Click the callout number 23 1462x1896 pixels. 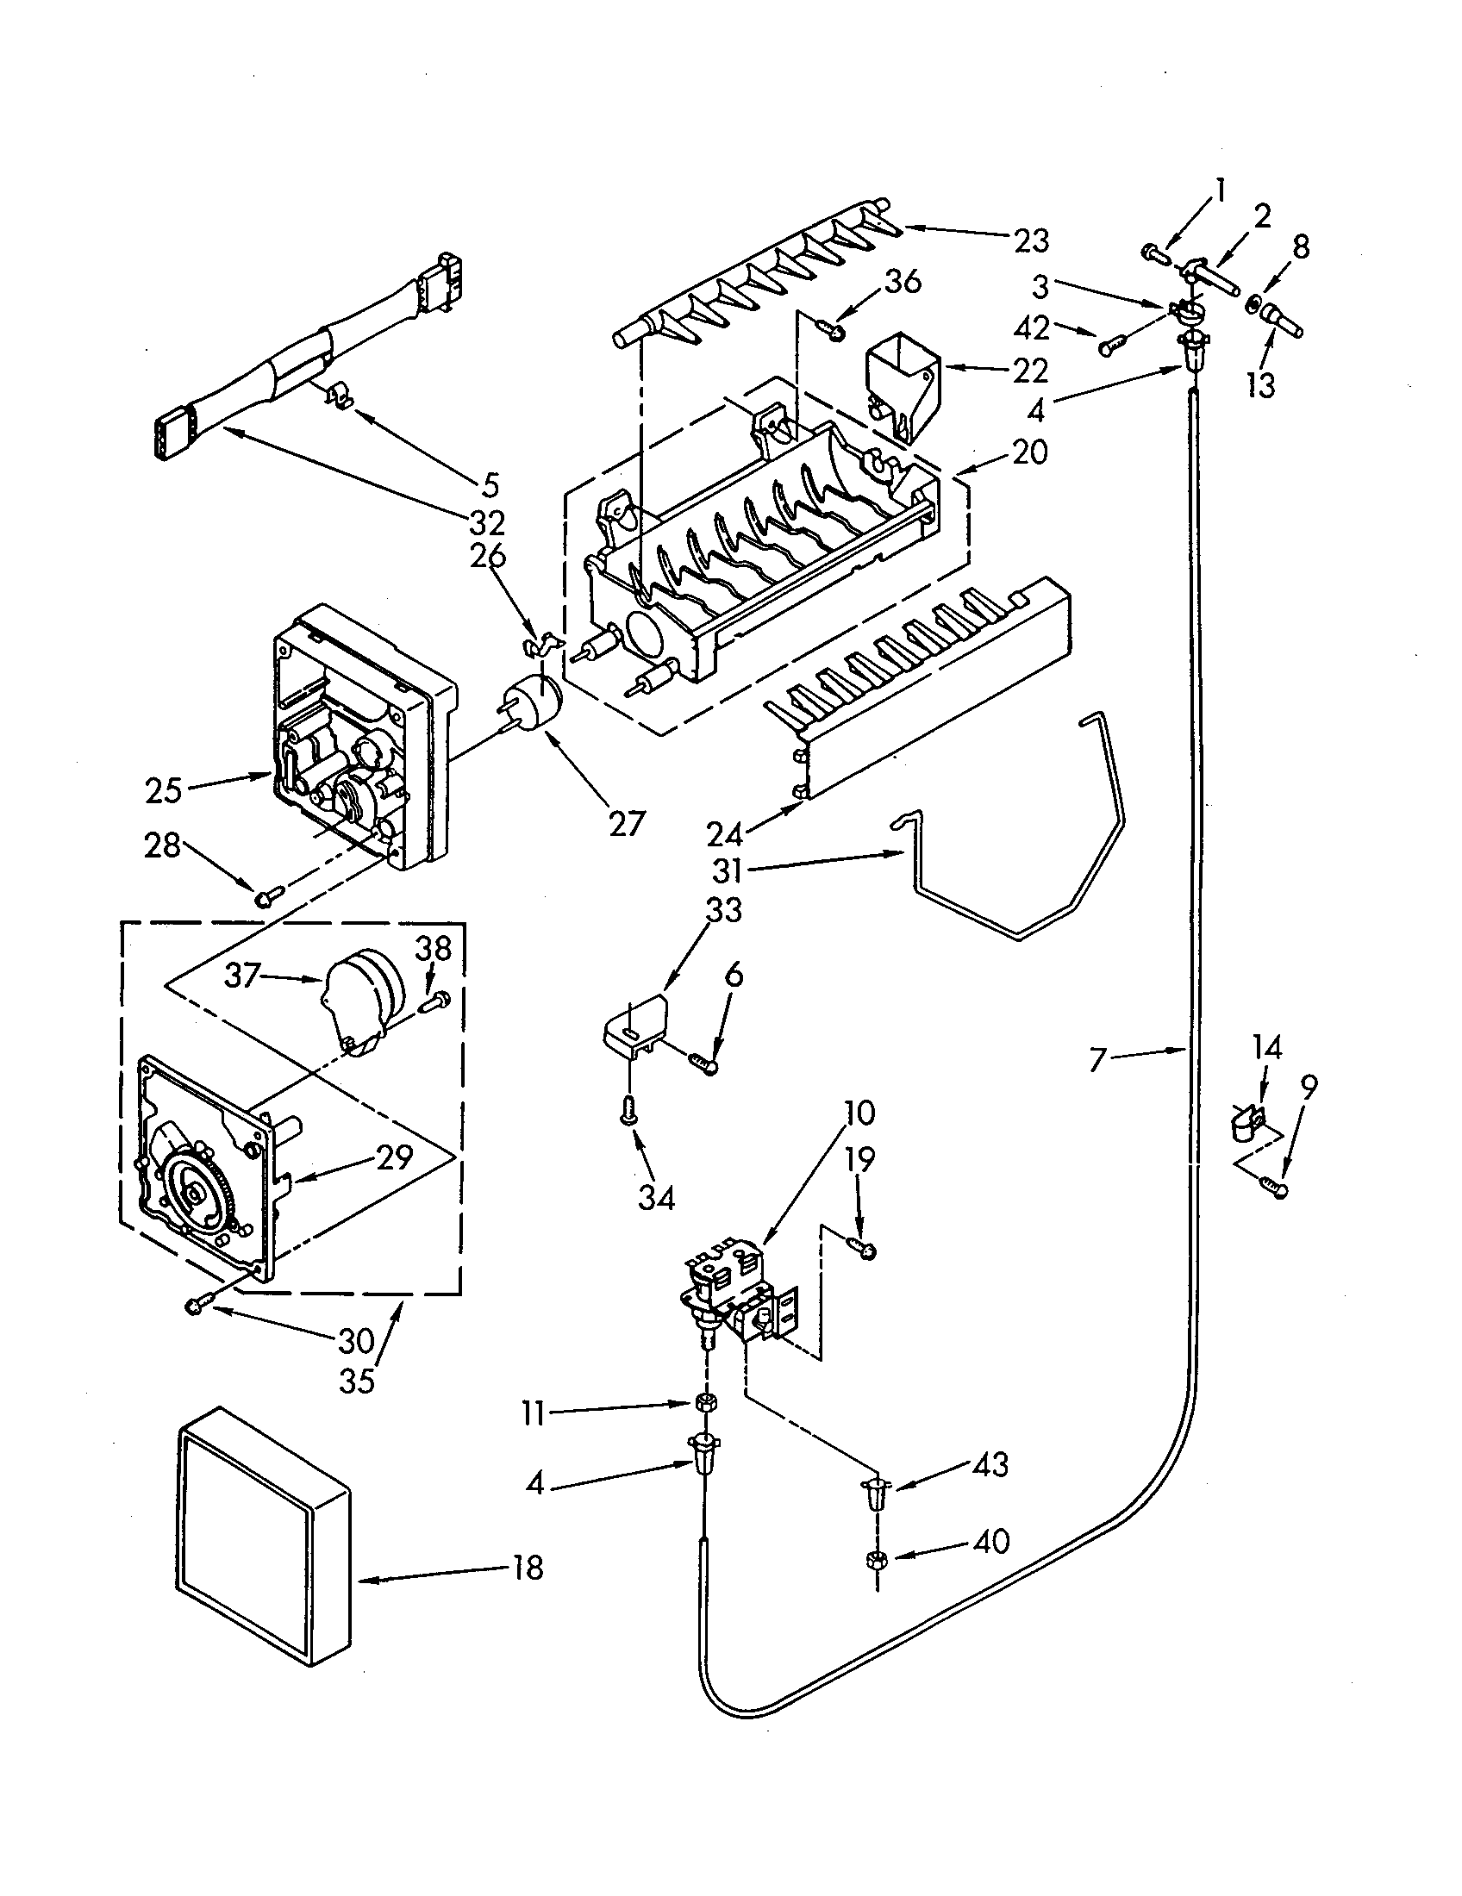1031,240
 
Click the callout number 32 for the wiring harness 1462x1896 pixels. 487,522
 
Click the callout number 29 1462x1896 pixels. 394,1157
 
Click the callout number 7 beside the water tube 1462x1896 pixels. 1099,1059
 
